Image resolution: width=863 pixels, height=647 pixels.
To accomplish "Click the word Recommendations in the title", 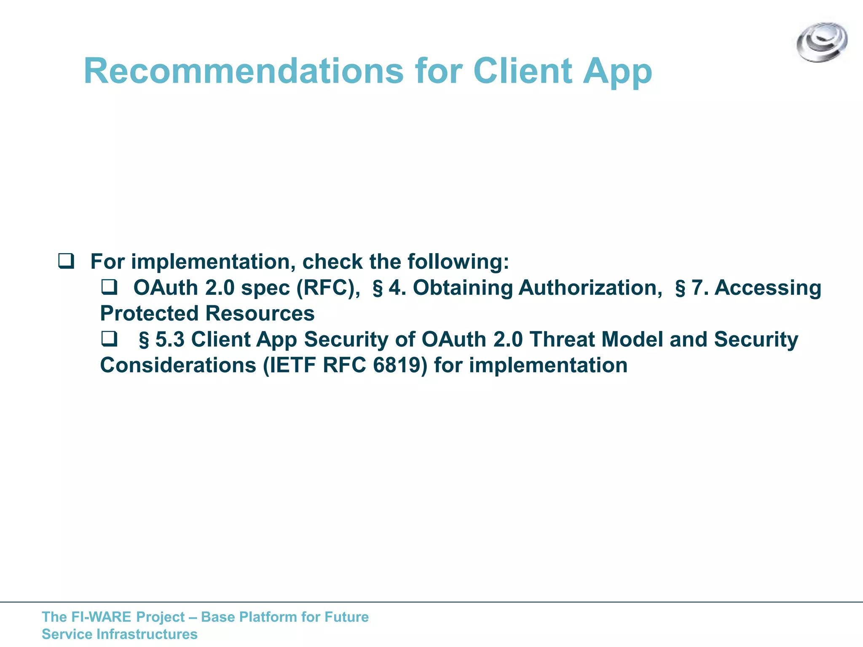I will point(244,71).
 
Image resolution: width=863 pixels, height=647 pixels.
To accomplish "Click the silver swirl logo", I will point(822,42).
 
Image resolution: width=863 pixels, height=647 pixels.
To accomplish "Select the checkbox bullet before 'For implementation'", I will point(66,261).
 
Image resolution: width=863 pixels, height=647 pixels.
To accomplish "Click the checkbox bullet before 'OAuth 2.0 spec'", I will point(109,287).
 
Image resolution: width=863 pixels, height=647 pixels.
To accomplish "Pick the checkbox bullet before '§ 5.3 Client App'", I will point(109,339).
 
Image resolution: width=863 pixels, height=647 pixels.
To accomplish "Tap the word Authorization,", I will point(590,288).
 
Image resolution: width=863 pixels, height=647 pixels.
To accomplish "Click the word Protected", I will point(149,313).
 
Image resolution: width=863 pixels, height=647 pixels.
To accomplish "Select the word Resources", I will point(260,313).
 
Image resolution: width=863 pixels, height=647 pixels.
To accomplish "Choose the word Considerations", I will point(178,365).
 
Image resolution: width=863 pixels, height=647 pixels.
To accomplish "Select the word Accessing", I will point(768,288).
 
